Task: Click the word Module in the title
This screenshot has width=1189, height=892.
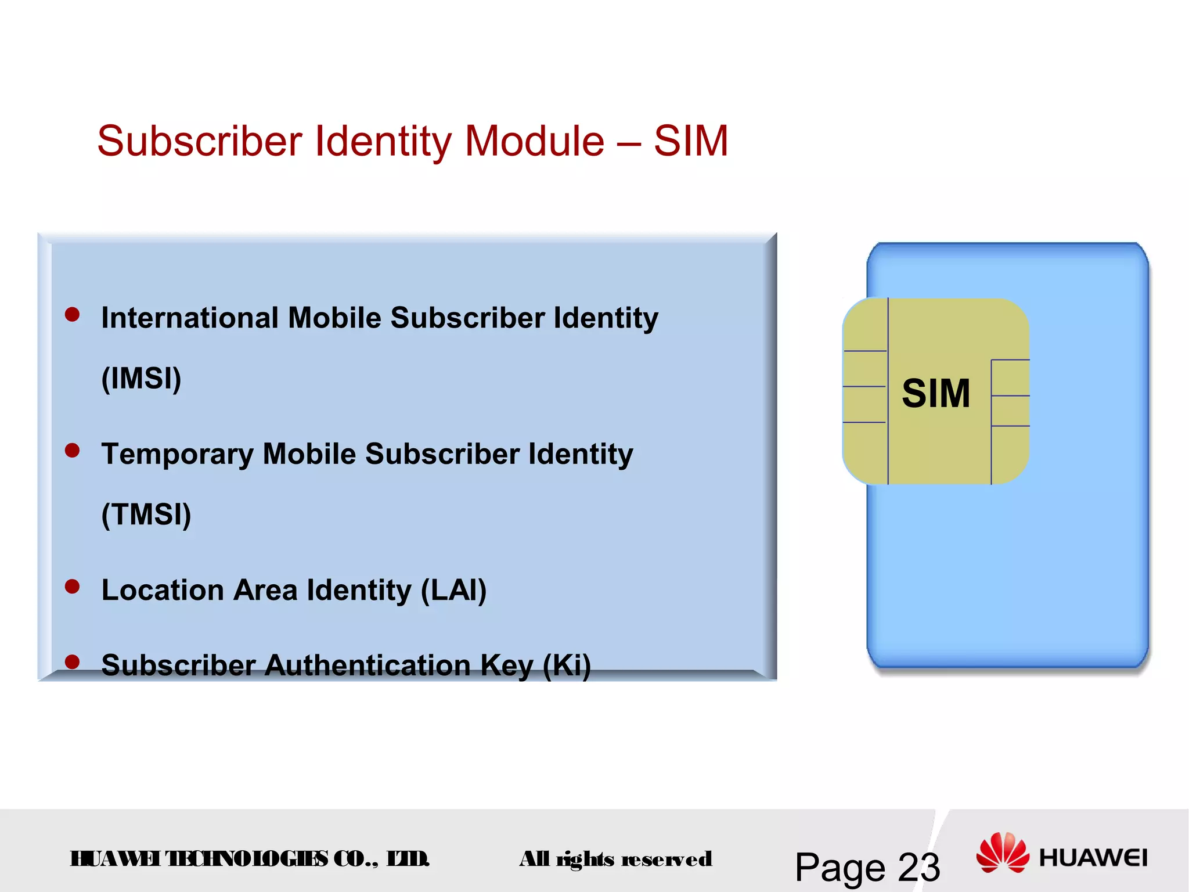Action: point(534,141)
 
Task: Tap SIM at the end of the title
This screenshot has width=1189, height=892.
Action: point(691,141)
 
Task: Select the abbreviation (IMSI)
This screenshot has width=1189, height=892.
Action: point(141,379)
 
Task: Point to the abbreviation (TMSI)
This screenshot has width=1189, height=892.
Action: point(146,515)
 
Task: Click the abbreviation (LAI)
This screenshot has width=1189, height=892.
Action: point(453,591)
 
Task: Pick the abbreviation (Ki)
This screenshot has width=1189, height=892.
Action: point(567,666)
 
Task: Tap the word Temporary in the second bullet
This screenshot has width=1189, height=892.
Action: point(177,454)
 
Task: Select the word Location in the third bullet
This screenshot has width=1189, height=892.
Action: point(163,591)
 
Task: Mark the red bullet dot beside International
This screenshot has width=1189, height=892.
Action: point(73,314)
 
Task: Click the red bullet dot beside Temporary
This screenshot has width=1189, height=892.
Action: point(73,451)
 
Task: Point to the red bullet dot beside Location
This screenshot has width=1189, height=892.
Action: point(73,587)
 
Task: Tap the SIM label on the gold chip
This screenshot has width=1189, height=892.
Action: point(936,394)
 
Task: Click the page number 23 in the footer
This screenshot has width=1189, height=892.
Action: point(919,868)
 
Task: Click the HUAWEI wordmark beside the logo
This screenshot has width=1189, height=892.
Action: point(1093,858)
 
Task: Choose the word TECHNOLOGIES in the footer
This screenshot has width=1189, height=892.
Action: point(247,859)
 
